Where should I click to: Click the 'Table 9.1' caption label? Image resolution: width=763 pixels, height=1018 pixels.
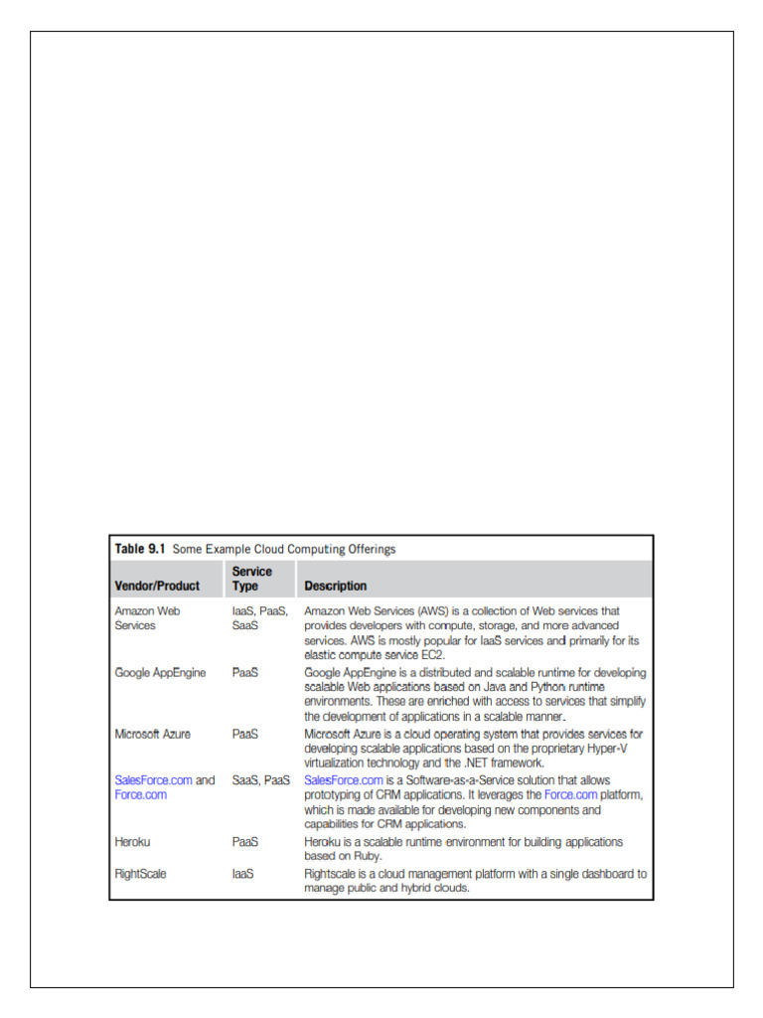coord(140,549)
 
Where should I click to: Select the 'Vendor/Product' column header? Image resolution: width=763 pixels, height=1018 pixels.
coord(157,586)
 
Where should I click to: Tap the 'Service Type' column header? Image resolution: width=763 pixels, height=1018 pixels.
coord(252,579)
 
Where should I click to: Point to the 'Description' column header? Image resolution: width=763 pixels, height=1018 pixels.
coord(335,586)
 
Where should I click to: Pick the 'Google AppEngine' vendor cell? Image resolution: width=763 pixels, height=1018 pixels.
coord(160,673)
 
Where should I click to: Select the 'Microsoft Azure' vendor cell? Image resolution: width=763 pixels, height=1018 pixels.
coord(153,734)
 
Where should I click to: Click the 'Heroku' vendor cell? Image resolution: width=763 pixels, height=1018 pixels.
coord(134,841)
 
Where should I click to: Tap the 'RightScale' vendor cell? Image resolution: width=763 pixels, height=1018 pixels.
coord(141,874)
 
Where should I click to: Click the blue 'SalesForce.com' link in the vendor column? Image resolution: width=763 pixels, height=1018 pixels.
coord(153,780)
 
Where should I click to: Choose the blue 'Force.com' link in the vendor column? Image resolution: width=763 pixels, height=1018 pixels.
coord(141,795)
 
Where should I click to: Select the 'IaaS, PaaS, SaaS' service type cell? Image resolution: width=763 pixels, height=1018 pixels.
coord(259,617)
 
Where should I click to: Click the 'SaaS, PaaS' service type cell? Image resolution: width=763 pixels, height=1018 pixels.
coord(261,780)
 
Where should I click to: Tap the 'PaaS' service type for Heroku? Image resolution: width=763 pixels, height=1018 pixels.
coord(245,841)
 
